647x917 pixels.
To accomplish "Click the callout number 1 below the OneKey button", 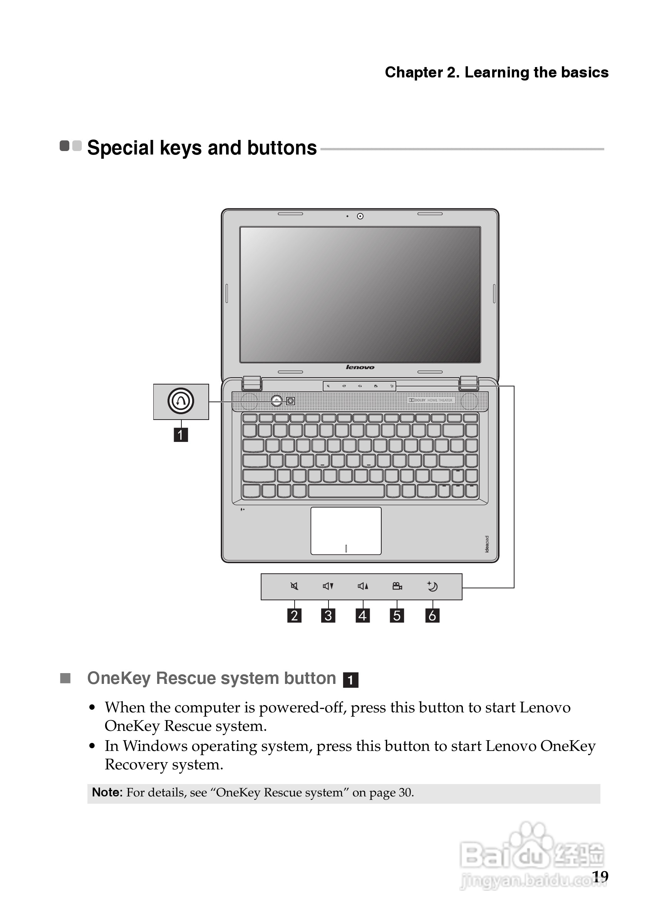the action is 180,435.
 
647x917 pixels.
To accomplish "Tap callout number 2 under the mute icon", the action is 294,615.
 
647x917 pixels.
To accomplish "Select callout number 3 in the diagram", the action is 328,615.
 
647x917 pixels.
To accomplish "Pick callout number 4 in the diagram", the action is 362,615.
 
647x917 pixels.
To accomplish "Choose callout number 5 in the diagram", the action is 397,615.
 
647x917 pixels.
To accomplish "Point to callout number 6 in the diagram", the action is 432,615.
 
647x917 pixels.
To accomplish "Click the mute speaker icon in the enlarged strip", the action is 294,586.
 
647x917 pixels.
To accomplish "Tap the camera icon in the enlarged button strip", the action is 397,586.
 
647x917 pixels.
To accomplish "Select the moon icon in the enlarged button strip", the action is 432,586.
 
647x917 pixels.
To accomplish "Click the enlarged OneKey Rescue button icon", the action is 181,401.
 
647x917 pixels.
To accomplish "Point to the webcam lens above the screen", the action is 360,217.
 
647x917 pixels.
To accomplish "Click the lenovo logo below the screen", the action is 360,367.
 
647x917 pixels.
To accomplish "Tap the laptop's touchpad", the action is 346,531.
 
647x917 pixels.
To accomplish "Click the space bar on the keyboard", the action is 346,491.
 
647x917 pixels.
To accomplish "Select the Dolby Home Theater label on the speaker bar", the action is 431,400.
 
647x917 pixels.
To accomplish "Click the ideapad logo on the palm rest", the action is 486,544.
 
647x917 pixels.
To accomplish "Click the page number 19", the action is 600,876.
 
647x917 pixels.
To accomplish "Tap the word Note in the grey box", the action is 107,793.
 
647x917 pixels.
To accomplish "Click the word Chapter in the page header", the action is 414,73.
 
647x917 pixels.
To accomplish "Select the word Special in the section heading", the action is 121,148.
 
